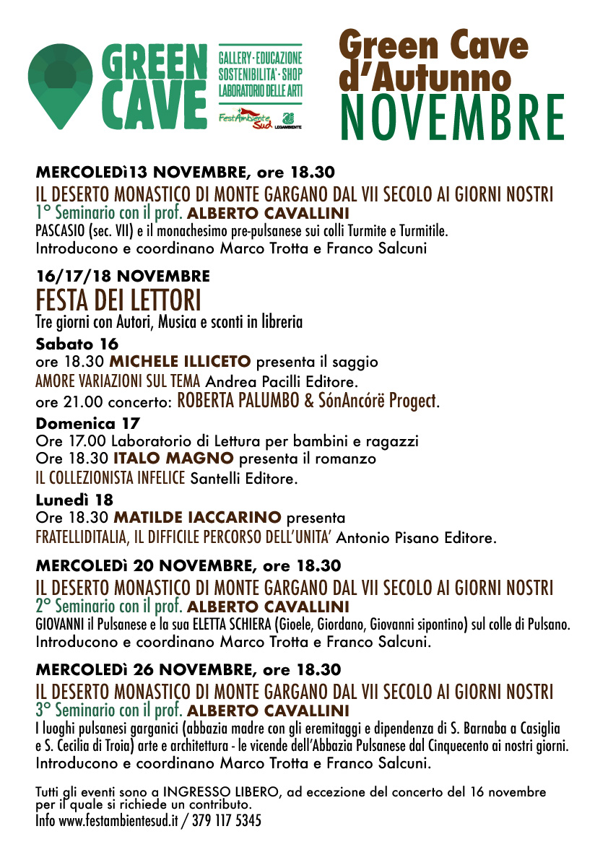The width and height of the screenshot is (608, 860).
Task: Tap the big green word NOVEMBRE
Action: (x=451, y=116)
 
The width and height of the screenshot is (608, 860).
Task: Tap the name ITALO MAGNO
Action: (x=173, y=459)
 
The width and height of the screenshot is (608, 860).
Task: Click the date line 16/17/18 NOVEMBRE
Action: (x=123, y=276)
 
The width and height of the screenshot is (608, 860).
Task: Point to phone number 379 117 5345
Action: (x=226, y=821)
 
